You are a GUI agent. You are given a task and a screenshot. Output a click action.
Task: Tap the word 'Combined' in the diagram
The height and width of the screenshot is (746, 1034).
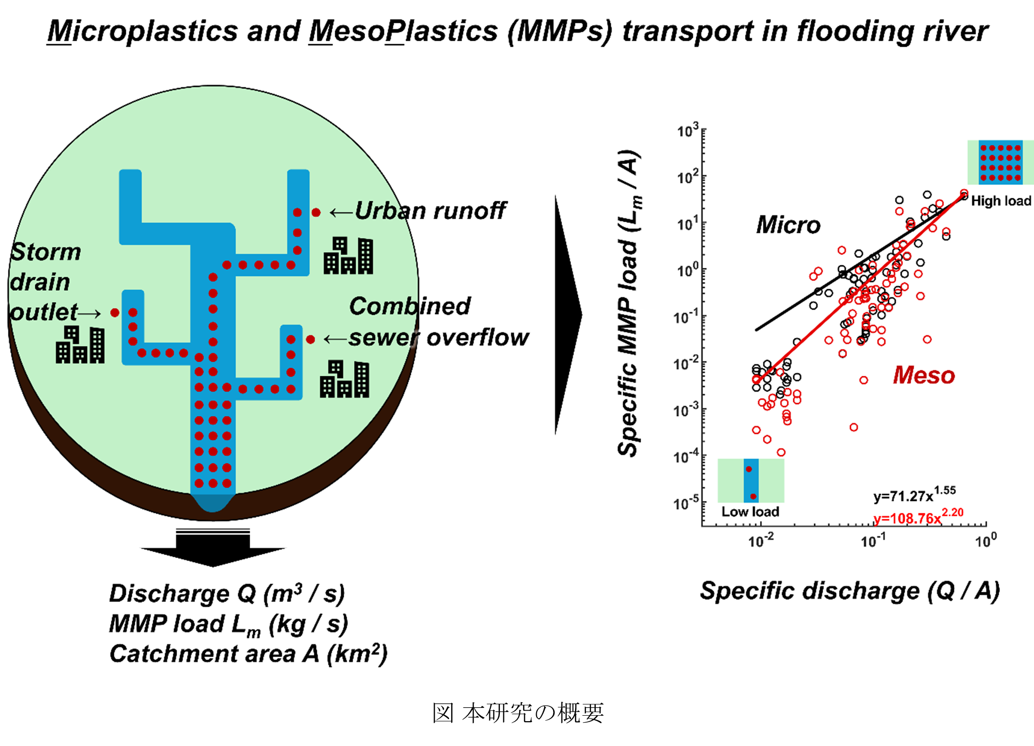point(409,306)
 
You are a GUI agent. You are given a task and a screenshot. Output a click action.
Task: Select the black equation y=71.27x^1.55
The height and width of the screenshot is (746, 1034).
point(914,495)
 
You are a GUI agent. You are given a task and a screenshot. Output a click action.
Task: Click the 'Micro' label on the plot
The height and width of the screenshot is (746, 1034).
point(788,225)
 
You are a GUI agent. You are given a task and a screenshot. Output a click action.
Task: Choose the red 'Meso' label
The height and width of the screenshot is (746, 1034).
point(924,375)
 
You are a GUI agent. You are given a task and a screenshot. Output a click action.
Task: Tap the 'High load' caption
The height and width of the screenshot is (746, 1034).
point(1001,201)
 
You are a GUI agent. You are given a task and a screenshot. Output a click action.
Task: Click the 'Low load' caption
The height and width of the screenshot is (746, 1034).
point(750,512)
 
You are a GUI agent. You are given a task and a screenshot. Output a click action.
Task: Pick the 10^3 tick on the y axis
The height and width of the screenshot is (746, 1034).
point(688,131)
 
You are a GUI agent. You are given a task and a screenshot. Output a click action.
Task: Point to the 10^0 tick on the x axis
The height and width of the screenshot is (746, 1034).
point(985,541)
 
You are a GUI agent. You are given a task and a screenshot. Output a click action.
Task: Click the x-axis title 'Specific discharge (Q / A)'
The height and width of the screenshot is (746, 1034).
point(849,591)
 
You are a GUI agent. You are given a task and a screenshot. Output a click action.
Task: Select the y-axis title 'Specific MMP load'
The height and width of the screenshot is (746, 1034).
point(629,303)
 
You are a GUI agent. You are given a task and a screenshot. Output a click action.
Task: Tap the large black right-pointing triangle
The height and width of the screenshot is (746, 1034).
point(568,315)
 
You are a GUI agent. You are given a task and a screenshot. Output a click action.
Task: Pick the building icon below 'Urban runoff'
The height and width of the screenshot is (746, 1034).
point(348,256)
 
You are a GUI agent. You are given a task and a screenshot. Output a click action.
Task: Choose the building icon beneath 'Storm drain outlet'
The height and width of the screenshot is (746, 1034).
point(80,345)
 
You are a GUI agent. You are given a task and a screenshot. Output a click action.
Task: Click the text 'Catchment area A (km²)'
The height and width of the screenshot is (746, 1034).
point(248,654)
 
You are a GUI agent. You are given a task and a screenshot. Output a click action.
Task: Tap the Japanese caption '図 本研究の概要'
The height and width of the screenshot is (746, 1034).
point(518,713)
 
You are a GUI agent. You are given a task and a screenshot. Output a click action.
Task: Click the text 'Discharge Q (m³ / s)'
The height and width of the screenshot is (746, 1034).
point(227,593)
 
